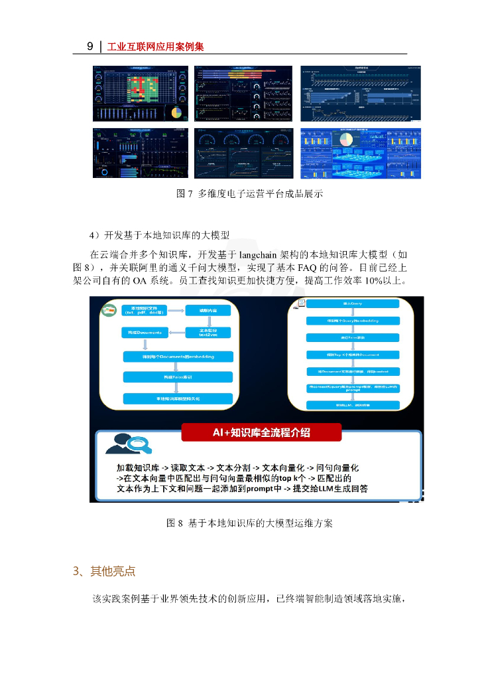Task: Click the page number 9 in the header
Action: tap(90, 46)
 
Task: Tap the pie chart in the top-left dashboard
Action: tap(176, 112)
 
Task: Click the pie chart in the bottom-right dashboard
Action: tap(346, 139)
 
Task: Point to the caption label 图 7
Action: tap(184, 195)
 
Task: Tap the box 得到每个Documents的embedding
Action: tap(178, 357)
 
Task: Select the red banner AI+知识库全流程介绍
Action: tap(261, 432)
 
